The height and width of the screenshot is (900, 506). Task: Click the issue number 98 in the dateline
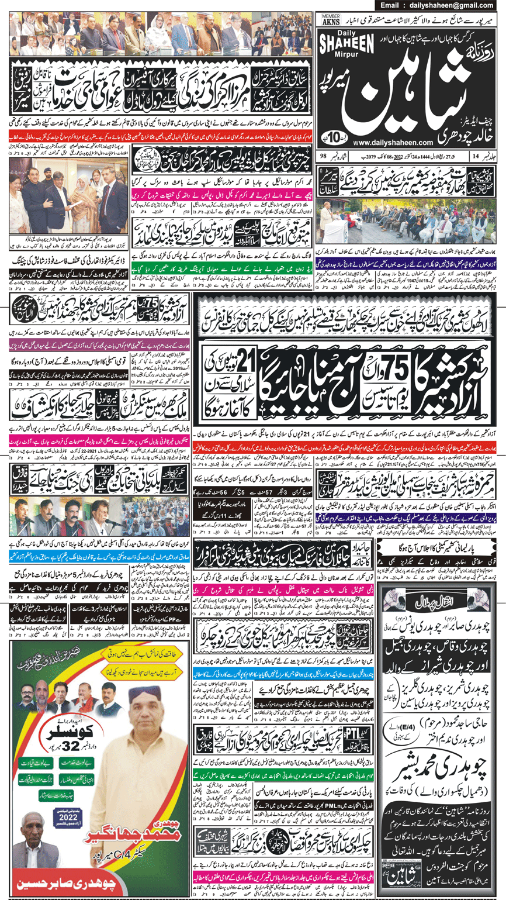click(x=323, y=156)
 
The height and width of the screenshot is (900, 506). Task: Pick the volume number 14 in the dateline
click(x=476, y=156)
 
